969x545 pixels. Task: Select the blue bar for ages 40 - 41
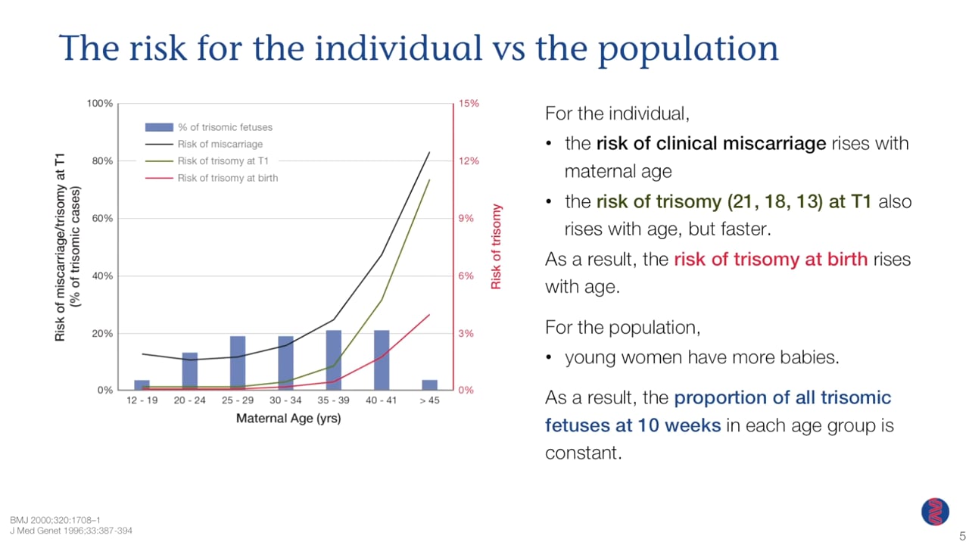(x=382, y=360)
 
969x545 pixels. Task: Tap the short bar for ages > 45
(x=429, y=385)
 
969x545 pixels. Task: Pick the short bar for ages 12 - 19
(x=142, y=385)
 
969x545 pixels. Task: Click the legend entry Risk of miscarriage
(x=220, y=144)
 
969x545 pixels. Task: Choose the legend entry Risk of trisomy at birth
(x=227, y=178)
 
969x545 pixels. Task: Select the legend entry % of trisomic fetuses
(x=224, y=127)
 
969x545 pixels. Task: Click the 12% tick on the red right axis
(x=468, y=160)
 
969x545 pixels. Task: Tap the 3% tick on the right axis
(x=466, y=333)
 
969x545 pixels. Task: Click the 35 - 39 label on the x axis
(x=333, y=400)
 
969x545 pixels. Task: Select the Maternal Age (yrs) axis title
(x=288, y=418)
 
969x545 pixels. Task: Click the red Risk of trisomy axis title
(x=497, y=246)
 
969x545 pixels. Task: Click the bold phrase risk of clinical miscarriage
(x=710, y=143)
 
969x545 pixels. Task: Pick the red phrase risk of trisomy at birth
(x=770, y=259)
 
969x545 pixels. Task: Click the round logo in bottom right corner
(x=935, y=512)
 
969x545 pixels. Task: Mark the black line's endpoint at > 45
(x=429, y=152)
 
